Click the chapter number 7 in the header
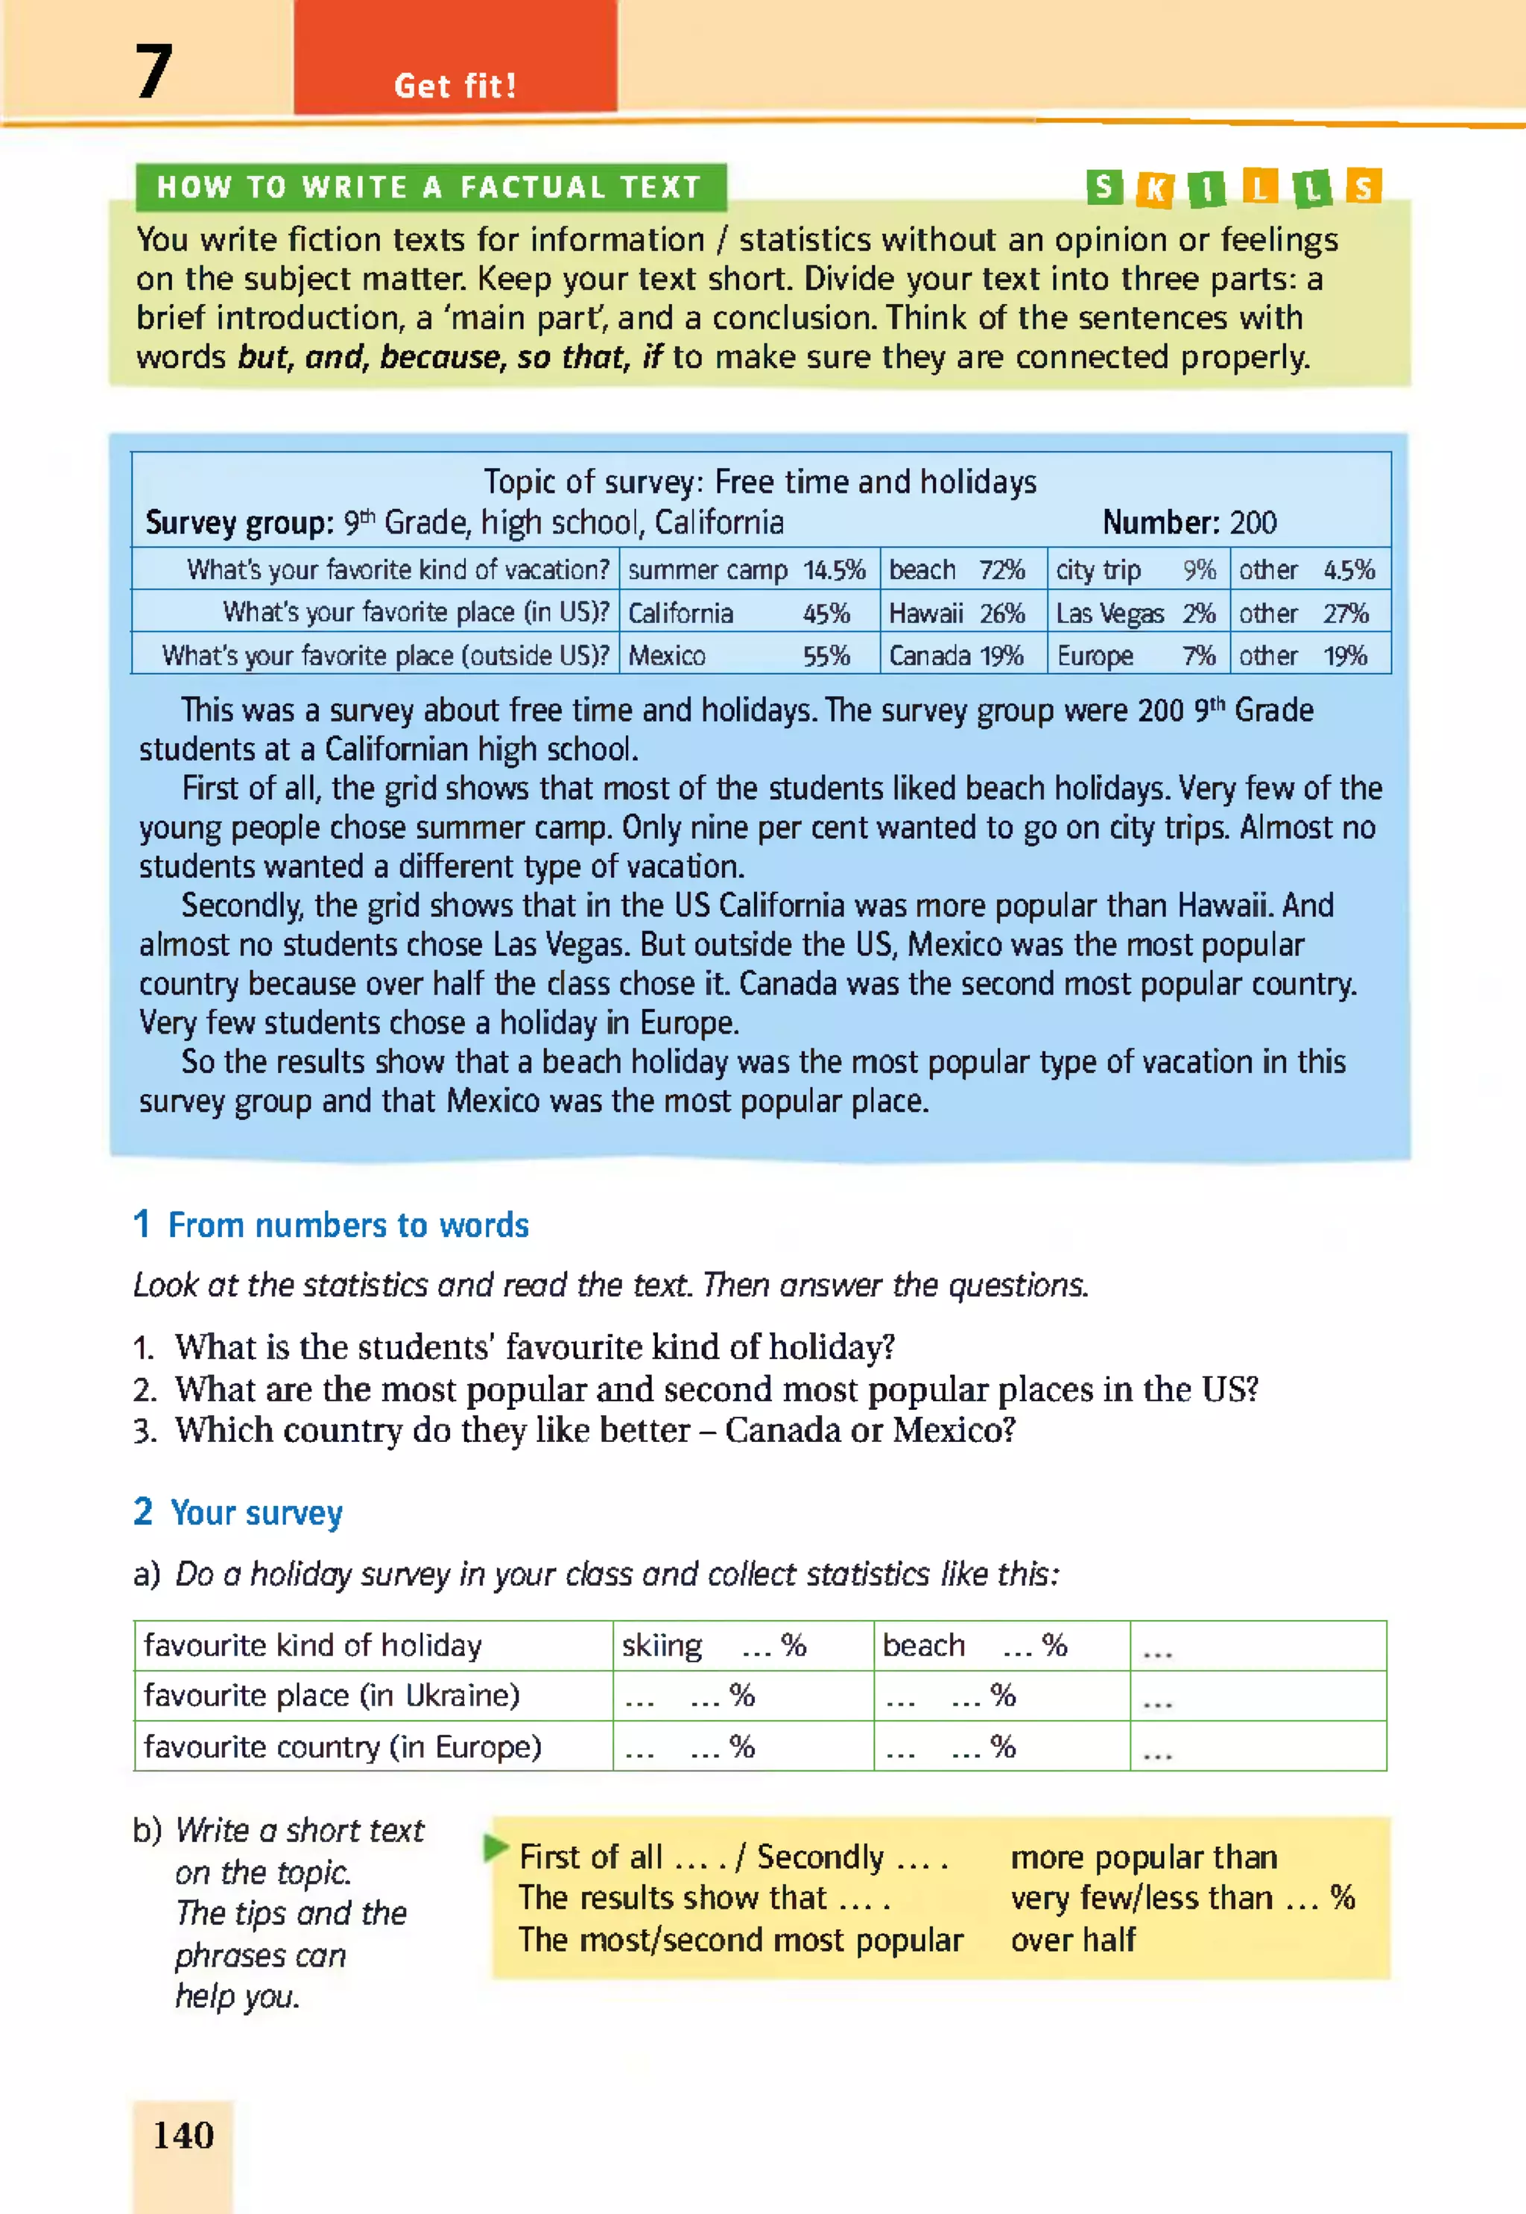point(153,72)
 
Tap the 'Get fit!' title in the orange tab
point(455,86)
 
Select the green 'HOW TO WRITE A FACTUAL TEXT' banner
point(429,187)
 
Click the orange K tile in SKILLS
point(1155,189)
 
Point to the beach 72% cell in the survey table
point(962,570)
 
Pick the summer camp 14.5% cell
point(747,570)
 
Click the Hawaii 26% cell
point(962,613)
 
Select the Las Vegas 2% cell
point(1137,613)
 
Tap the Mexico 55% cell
point(747,656)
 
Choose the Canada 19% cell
point(962,656)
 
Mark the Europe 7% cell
point(1137,656)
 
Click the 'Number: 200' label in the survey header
point(1188,522)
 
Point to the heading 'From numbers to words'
point(348,1224)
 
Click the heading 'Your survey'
point(256,1512)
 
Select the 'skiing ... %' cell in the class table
point(742,1645)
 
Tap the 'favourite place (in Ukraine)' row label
point(331,1696)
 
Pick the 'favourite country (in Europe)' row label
point(342,1747)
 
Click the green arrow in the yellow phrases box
point(496,1849)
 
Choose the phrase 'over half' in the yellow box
point(1073,1940)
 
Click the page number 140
point(183,2135)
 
